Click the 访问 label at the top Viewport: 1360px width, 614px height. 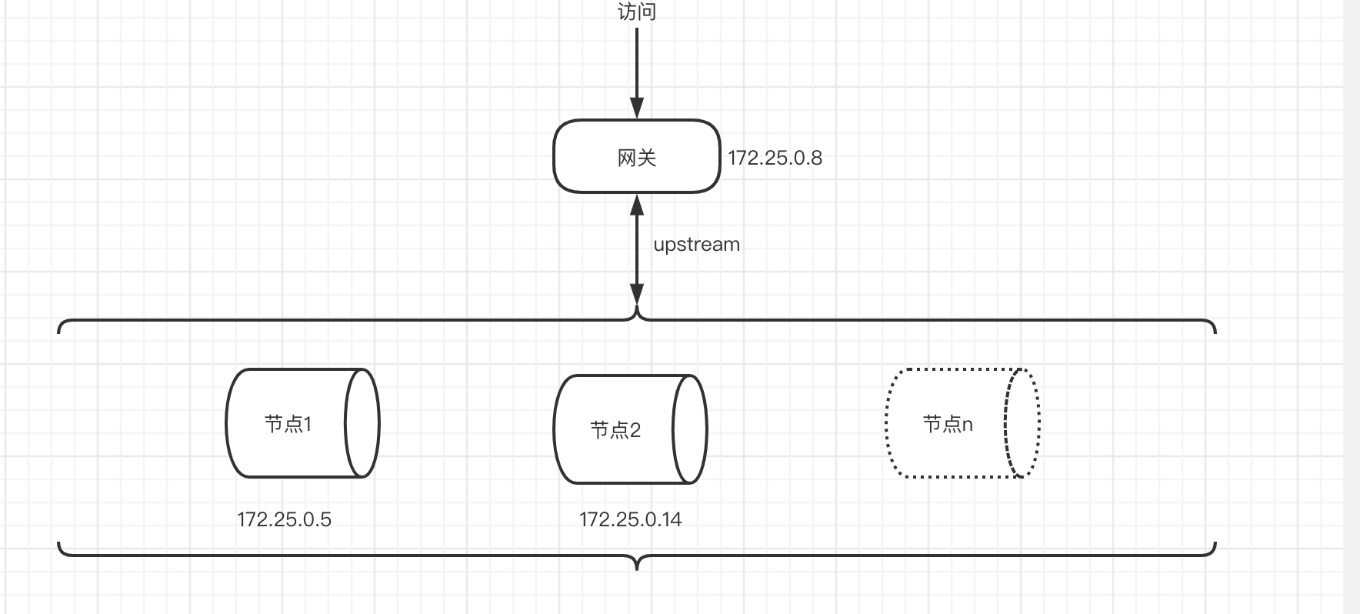point(637,12)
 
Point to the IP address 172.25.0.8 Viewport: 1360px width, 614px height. point(775,158)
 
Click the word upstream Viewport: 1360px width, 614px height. point(696,245)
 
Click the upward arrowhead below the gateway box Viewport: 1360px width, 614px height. point(637,204)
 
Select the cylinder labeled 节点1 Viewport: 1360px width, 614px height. point(254,454)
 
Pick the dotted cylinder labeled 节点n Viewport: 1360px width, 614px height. point(915,454)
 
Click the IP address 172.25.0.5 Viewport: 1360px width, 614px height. point(284,519)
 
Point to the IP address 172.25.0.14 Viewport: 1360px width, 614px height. point(630,519)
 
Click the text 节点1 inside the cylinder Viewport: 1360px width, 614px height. point(288,424)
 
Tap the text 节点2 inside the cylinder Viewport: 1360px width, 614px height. point(615,429)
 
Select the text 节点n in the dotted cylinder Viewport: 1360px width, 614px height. point(948,424)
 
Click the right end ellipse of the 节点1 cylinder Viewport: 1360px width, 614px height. point(362,423)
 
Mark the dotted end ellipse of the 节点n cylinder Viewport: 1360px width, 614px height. point(1022,423)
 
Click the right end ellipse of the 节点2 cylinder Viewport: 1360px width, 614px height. point(689,429)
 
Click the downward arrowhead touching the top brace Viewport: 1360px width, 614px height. point(637,295)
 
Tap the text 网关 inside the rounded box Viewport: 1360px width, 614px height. point(637,158)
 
